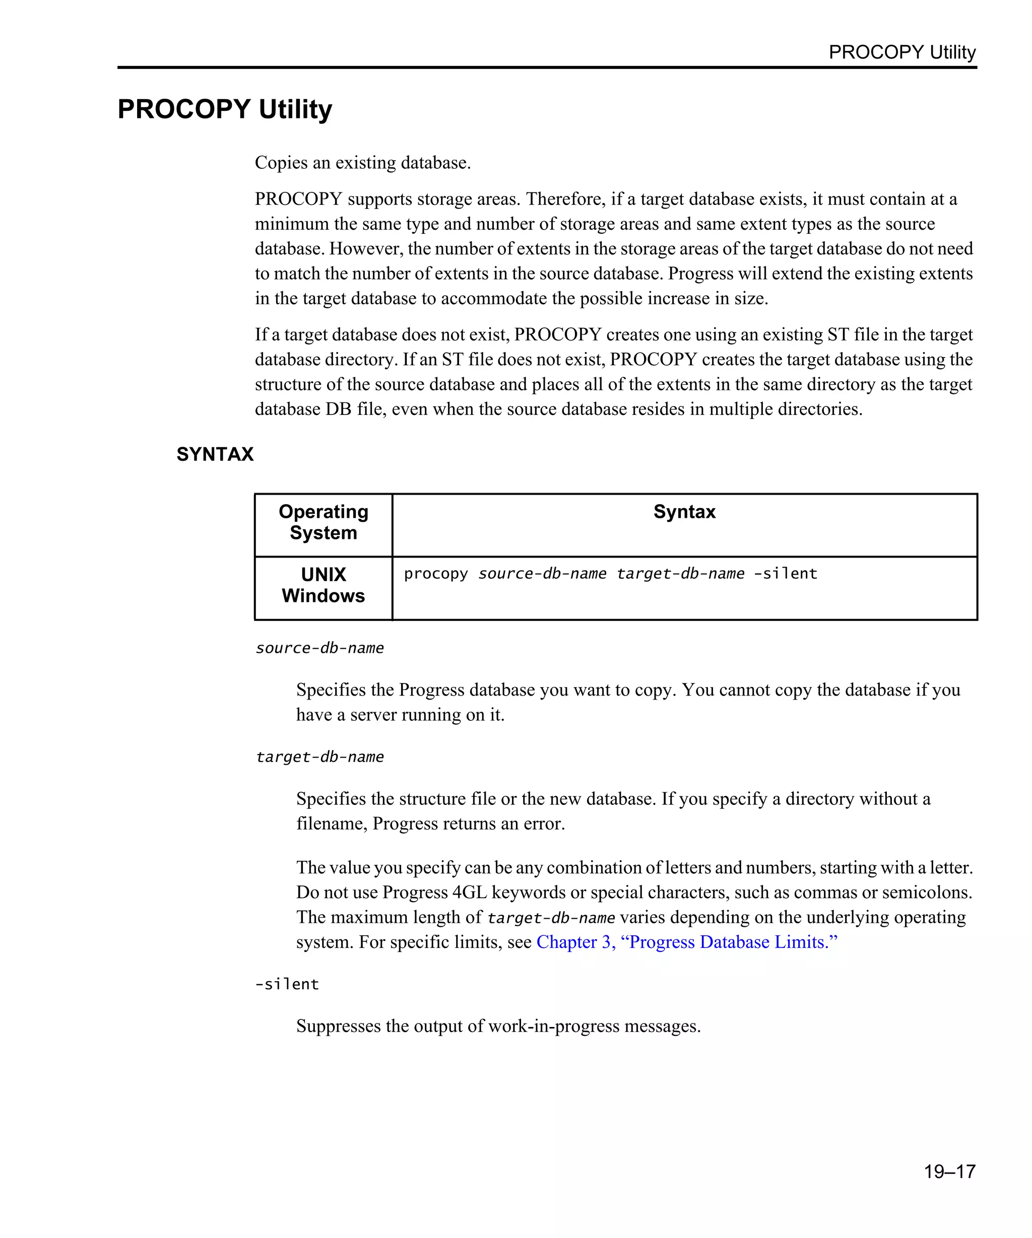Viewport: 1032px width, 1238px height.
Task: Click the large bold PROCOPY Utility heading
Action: point(225,110)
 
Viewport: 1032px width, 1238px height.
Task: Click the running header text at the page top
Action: point(901,52)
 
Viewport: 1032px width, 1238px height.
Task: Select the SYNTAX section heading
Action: point(215,454)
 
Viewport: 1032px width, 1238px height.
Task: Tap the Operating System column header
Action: point(323,522)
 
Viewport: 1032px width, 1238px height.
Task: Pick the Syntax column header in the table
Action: point(684,512)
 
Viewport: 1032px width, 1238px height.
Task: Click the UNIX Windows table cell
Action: point(323,585)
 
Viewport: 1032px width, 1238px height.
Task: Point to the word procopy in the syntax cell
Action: point(435,574)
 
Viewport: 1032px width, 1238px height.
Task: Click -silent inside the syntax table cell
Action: point(785,574)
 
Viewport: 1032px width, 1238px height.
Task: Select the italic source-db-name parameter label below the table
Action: point(319,648)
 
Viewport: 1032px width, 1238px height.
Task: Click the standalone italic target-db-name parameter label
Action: point(319,757)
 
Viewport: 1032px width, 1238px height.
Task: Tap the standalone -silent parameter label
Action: point(287,984)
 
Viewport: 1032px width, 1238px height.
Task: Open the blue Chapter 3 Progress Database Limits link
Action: point(686,942)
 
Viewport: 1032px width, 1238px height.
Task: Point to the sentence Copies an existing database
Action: point(363,163)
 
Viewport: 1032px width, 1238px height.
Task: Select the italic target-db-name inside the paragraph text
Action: point(551,918)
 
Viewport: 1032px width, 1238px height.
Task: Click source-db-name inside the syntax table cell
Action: point(542,574)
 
